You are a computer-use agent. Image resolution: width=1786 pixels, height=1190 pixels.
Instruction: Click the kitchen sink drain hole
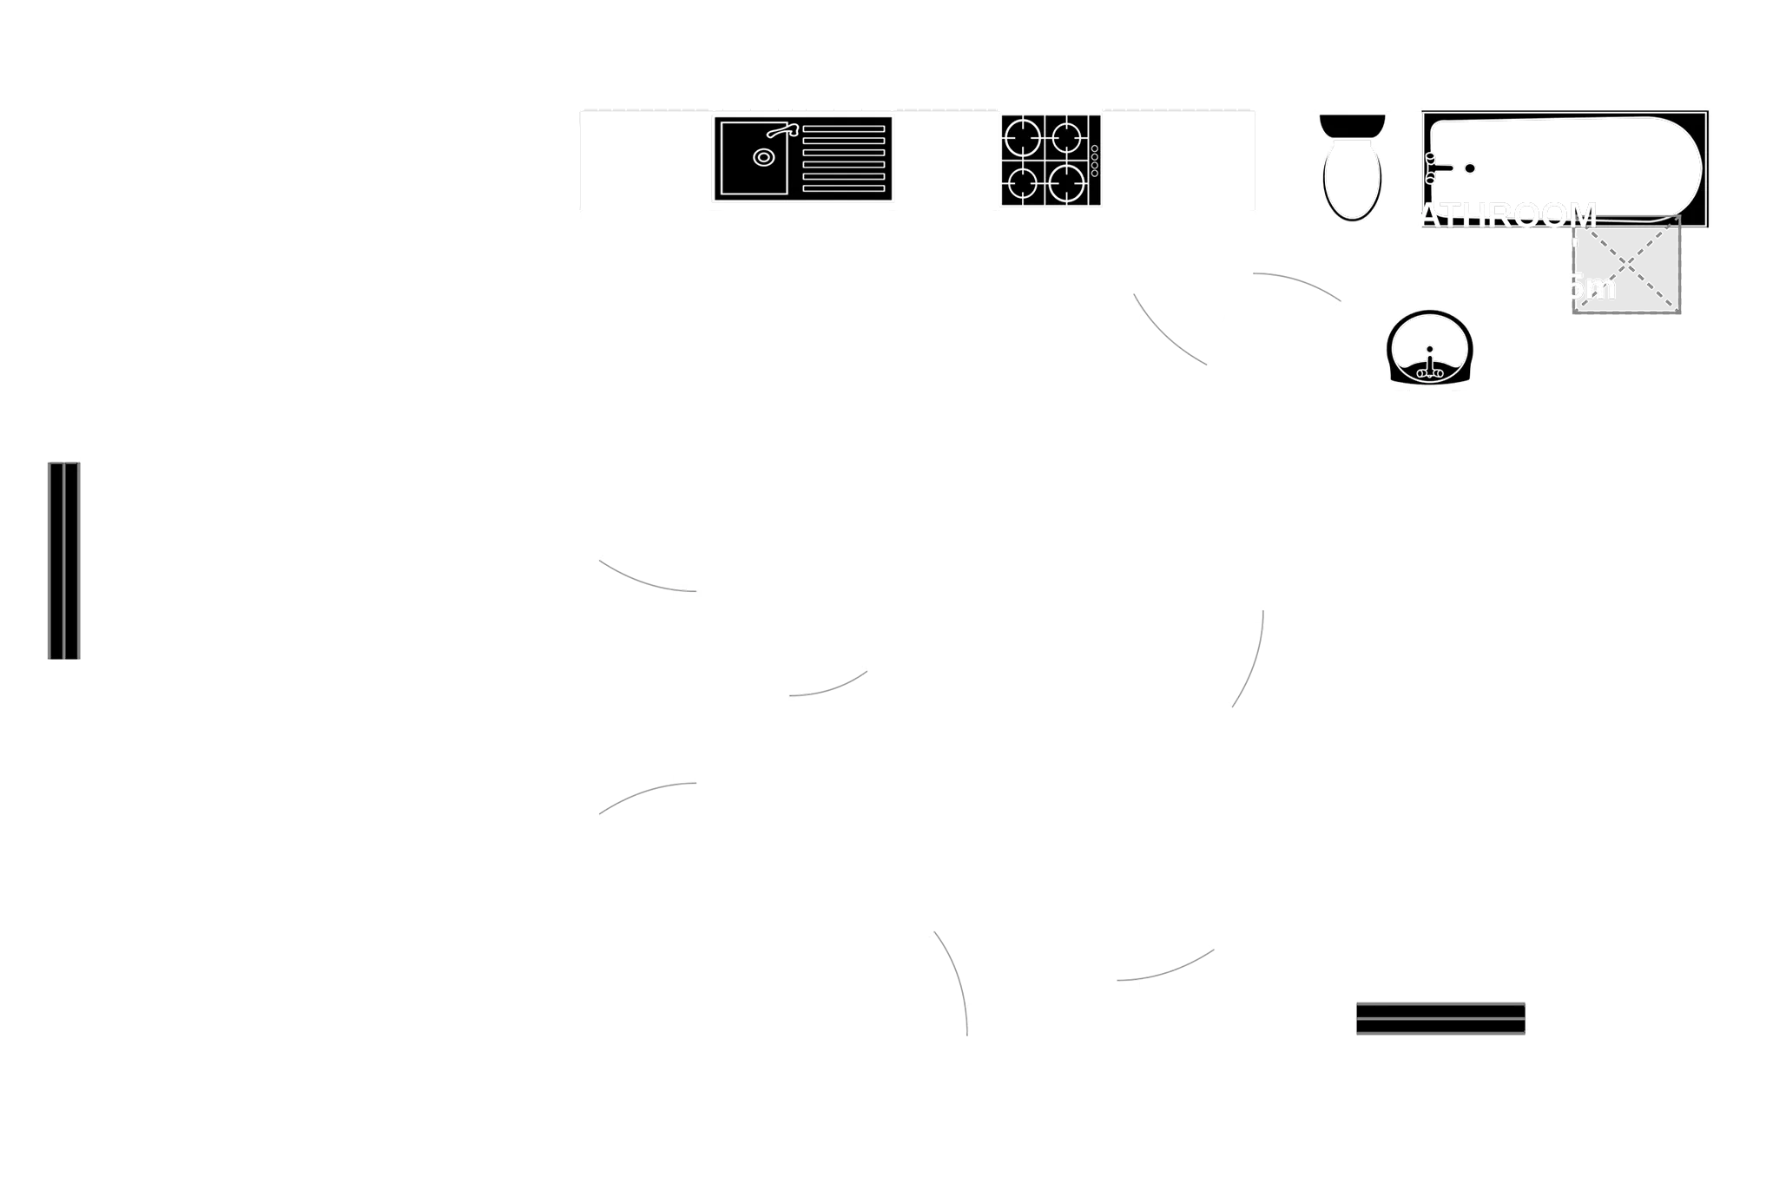(762, 157)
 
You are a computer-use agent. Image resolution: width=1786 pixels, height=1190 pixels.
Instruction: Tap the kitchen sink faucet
(782, 131)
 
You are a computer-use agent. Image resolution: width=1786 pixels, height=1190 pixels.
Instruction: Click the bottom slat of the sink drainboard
(843, 188)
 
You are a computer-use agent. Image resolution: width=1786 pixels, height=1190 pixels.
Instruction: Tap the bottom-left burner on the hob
(1023, 183)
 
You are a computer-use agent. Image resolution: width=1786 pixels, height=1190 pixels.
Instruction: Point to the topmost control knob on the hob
(1094, 149)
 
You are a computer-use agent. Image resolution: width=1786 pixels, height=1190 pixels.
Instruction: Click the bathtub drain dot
(1470, 168)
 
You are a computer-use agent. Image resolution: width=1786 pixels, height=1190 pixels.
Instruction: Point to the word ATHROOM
(1510, 215)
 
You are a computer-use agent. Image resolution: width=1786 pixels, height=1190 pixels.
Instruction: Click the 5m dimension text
(1592, 286)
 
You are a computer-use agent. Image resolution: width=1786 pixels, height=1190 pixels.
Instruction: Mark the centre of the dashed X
(1626, 264)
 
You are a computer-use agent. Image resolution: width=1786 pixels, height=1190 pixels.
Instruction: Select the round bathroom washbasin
(1429, 346)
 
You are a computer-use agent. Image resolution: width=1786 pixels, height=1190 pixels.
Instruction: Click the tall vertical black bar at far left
(62, 560)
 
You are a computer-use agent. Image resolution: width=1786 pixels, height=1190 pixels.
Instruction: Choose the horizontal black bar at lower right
(1440, 1020)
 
